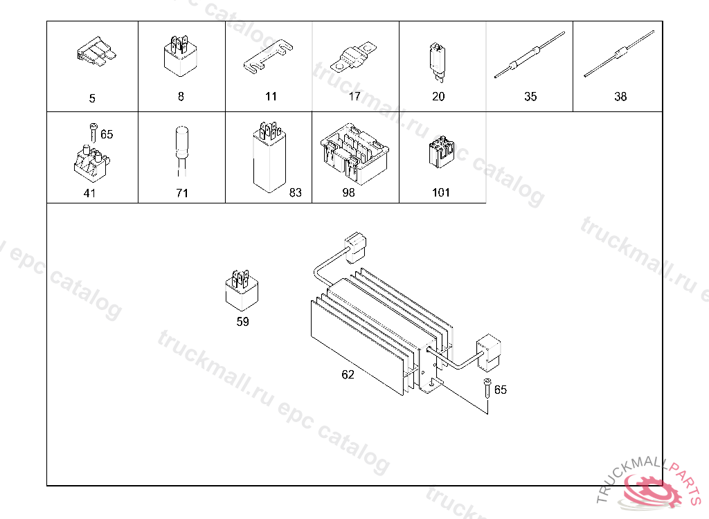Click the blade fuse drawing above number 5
[96, 51]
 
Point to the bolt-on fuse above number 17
[353, 58]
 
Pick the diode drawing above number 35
[530, 55]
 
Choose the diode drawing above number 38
[618, 54]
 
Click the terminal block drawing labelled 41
[92, 162]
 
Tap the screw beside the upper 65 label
[93, 132]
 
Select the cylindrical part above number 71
[181, 152]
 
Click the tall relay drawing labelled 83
[269, 157]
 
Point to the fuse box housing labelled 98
[354, 153]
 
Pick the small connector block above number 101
[441, 152]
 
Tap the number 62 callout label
[348, 374]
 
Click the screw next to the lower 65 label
[487, 388]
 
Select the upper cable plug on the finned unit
[355, 247]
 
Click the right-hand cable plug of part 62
[488, 351]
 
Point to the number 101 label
[441, 192]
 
